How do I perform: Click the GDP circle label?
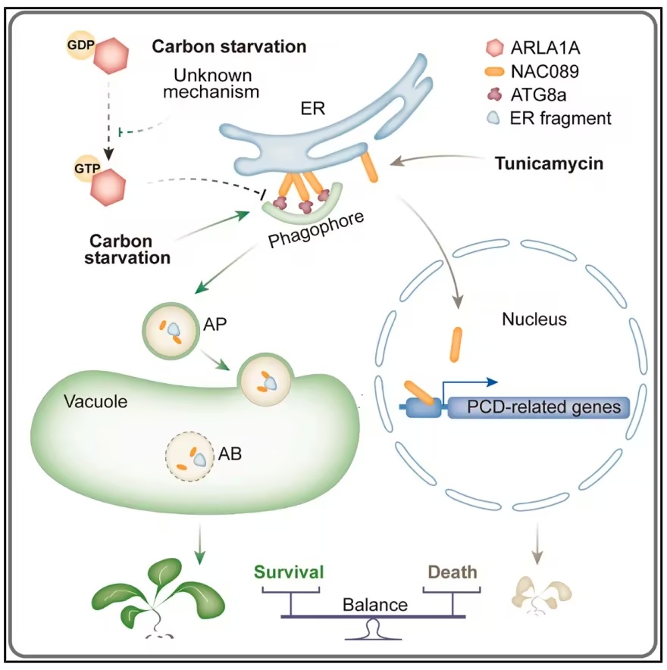click(80, 45)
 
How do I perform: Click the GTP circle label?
click(87, 168)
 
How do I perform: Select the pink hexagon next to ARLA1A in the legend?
click(495, 48)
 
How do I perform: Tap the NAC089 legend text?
click(545, 71)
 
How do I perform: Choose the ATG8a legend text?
click(538, 95)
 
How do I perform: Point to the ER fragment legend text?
click(560, 118)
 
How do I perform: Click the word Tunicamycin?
click(549, 164)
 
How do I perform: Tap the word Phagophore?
click(316, 229)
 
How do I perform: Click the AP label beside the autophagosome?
click(215, 324)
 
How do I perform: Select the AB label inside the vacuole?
click(230, 453)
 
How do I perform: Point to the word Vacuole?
click(96, 402)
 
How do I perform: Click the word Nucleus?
click(534, 319)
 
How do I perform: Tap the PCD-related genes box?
click(539, 407)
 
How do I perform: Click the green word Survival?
click(289, 572)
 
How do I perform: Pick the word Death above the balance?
click(452, 572)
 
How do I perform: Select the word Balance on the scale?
click(375, 605)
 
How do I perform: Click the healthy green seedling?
click(158, 597)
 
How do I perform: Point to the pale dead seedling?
click(542, 595)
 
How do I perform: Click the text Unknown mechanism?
click(211, 83)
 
